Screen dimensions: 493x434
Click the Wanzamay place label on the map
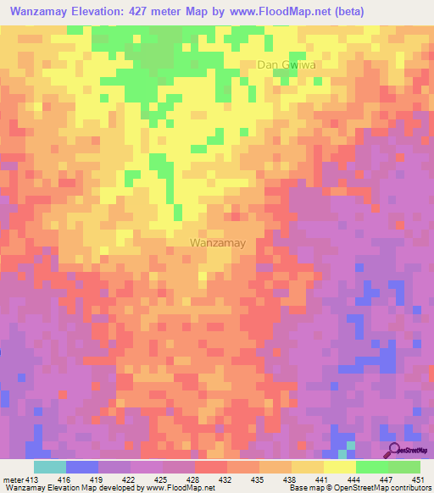218,242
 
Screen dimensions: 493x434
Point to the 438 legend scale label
289,478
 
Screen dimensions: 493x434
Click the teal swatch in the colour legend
50,467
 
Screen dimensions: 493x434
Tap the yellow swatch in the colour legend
340,467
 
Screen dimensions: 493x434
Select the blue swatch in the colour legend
82,467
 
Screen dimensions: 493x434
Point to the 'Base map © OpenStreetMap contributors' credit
359,487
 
